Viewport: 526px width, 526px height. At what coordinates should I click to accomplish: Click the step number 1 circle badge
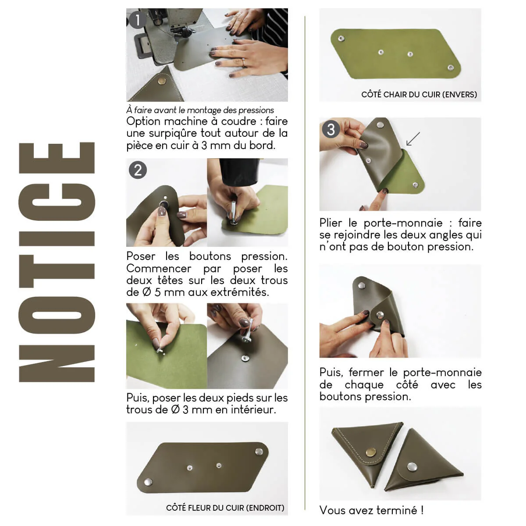(x=138, y=20)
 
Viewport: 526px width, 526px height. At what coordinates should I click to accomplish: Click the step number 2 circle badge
(x=138, y=170)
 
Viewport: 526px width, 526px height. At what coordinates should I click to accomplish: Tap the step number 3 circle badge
(x=331, y=129)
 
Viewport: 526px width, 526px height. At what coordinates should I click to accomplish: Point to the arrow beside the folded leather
(x=412, y=139)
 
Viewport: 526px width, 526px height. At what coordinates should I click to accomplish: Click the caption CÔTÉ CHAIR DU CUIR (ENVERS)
(x=419, y=94)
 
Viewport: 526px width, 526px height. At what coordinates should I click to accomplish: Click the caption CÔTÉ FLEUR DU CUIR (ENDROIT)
(x=225, y=508)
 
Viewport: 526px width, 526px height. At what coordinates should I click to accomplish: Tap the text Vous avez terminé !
(x=371, y=510)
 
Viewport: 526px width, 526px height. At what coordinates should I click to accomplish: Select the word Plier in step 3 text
(x=331, y=223)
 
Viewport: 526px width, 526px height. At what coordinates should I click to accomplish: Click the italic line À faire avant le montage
(x=200, y=110)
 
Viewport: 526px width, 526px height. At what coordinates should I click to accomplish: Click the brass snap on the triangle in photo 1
(x=161, y=81)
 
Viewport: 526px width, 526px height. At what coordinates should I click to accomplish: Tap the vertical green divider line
(x=305, y=263)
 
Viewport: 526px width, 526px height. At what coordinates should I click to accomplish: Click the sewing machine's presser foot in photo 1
(x=187, y=33)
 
